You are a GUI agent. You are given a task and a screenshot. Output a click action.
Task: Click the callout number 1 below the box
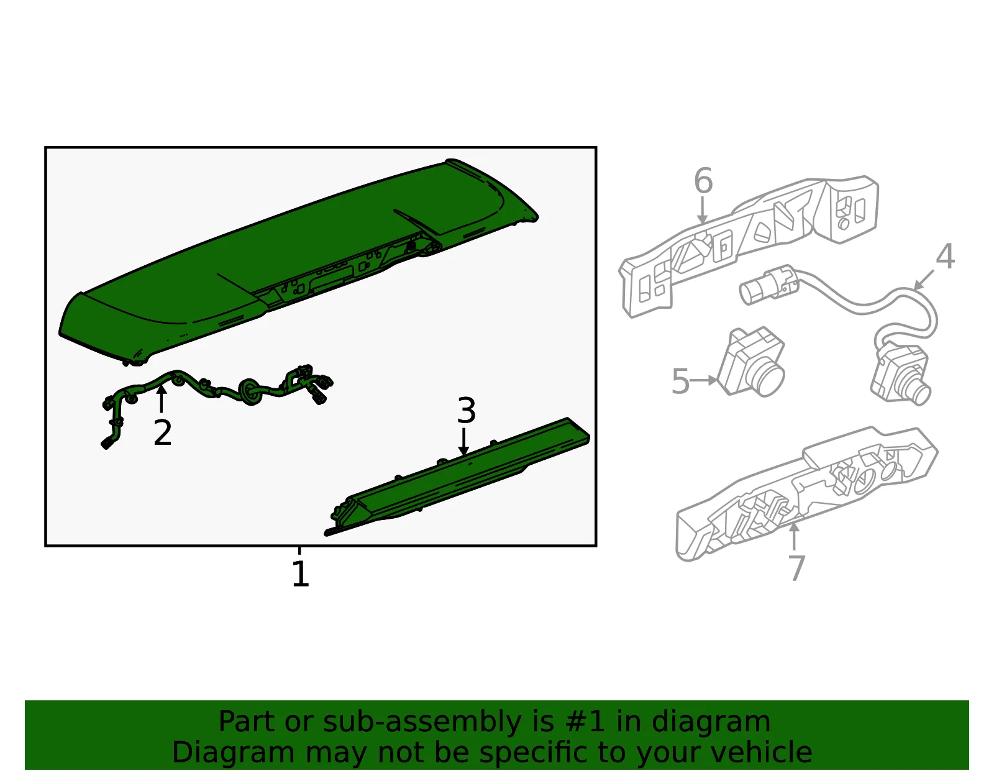point(300,573)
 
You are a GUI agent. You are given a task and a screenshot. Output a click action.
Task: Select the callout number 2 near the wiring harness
point(162,432)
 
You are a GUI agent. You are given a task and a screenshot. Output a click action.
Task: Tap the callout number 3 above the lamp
point(466,410)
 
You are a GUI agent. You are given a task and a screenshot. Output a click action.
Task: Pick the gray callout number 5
point(680,381)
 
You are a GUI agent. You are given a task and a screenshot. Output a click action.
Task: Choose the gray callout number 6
point(703,180)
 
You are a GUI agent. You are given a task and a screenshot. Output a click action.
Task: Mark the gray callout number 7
point(796,567)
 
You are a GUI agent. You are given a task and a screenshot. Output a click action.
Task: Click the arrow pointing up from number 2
point(161,399)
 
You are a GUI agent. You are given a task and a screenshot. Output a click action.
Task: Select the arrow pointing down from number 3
point(464,442)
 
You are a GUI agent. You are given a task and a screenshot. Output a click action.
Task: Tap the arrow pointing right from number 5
point(703,380)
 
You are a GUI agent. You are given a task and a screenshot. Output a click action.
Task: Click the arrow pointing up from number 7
point(795,536)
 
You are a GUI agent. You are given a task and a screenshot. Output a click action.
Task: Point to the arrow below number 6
point(702,211)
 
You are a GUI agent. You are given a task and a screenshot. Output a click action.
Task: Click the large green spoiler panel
point(298,261)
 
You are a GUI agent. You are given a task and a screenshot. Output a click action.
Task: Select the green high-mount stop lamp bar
point(457,475)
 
